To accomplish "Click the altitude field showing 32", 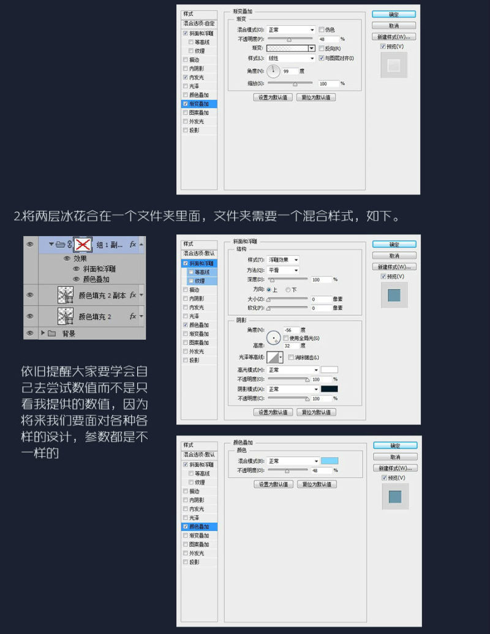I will click(x=290, y=346).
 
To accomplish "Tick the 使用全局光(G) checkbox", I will click(x=286, y=338).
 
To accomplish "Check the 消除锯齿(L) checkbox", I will click(x=291, y=357).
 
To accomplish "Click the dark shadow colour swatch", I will click(x=330, y=389).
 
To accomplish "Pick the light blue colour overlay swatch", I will click(x=330, y=461).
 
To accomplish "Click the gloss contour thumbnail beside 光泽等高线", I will click(x=273, y=357).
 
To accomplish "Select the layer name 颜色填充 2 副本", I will click(x=102, y=295).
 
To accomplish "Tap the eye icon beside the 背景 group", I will click(x=29, y=333).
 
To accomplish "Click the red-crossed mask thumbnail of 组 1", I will click(x=83, y=244).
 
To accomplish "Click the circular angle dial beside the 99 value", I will click(x=273, y=72).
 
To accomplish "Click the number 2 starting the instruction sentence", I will click(x=16, y=216).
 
